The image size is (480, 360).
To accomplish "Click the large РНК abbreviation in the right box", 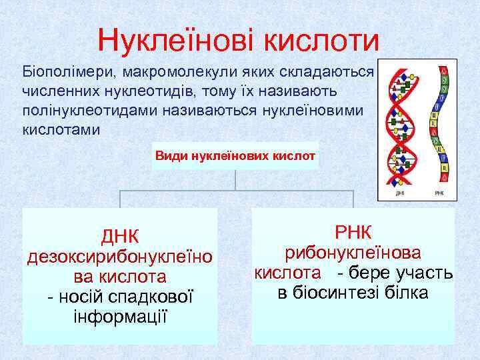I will pos(354,233).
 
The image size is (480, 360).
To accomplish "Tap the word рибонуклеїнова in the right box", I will pos(353,253).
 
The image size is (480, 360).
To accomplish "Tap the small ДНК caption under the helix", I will pos(400,193).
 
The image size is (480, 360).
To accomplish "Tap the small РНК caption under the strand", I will pos(439,193).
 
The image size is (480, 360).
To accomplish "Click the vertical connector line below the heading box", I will pos(235,181).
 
